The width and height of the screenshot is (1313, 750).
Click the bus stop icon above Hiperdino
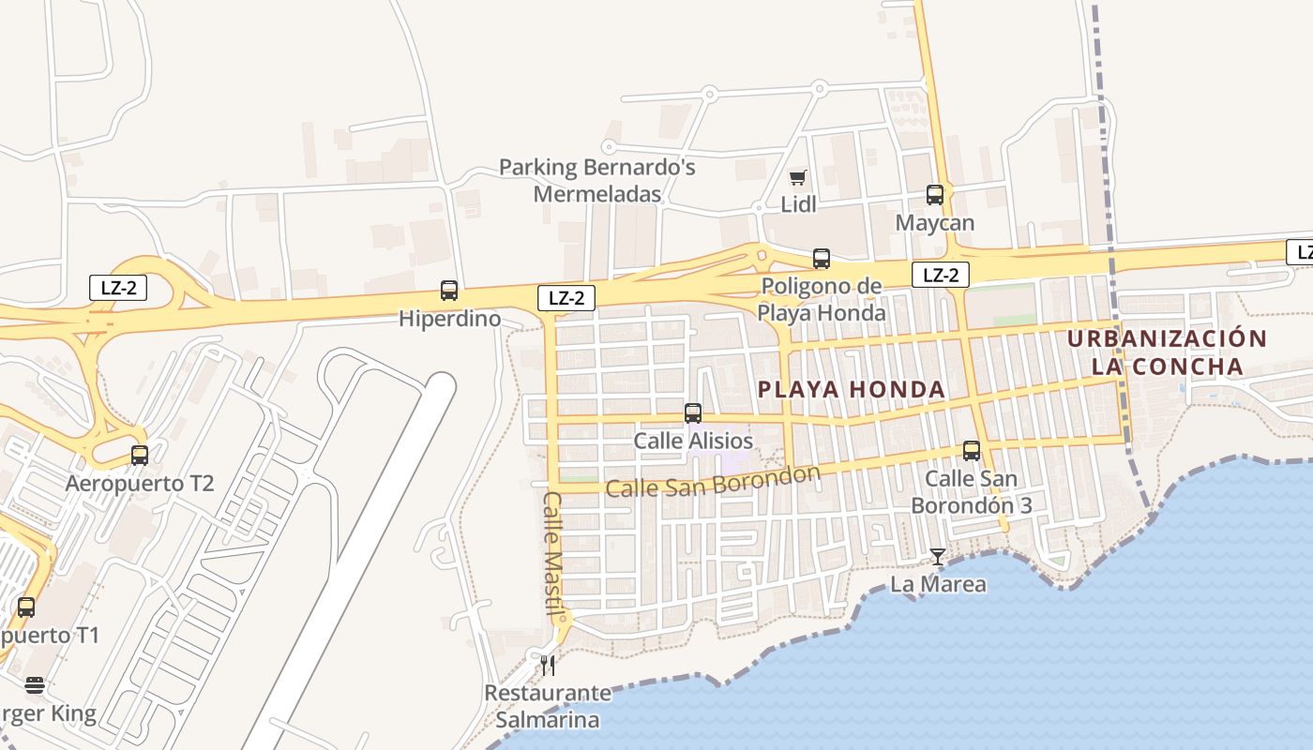click(449, 291)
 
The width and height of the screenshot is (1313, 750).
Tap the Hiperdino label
click(449, 319)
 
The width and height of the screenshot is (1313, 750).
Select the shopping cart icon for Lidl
click(798, 177)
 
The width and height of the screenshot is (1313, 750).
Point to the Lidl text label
click(798, 204)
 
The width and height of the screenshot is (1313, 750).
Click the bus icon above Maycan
click(935, 195)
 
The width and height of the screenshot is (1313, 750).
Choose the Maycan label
click(935, 223)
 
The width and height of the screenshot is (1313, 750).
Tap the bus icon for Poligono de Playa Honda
click(822, 259)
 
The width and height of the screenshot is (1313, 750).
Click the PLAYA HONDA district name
click(851, 389)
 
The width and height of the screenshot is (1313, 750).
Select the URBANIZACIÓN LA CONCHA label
click(1167, 352)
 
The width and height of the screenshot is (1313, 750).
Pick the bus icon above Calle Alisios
click(693, 412)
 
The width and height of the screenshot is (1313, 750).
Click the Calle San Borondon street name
click(713, 482)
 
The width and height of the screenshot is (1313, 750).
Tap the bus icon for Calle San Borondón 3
click(972, 451)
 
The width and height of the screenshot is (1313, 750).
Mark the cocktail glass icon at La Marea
click(937, 557)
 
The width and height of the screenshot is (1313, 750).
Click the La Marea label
click(938, 584)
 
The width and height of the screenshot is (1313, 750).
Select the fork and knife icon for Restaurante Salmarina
click(548, 666)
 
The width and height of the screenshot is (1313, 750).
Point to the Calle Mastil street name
click(552, 553)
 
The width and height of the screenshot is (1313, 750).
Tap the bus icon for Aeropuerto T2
click(140, 456)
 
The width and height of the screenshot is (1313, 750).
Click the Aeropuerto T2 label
click(140, 484)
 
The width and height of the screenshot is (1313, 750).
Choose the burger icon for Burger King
click(35, 686)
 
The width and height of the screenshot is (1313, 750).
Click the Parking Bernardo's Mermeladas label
click(597, 181)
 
